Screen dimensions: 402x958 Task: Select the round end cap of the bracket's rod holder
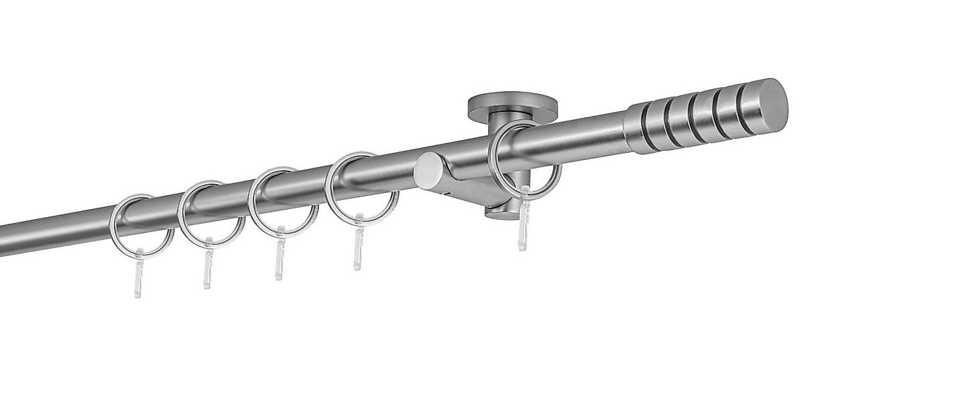tap(426, 172)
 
